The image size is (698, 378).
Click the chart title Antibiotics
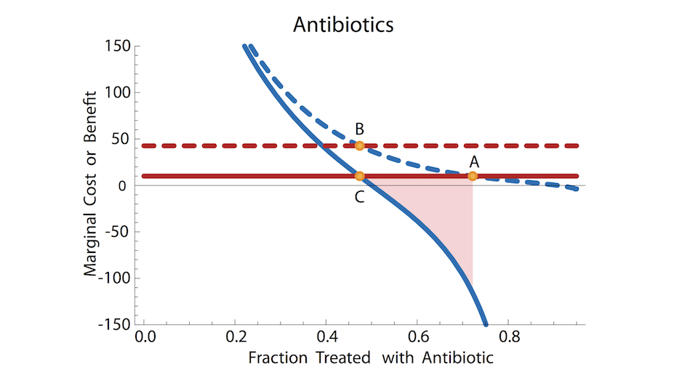pos(343,25)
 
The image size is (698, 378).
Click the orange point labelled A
pos(473,175)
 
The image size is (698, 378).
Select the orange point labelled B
pos(359,145)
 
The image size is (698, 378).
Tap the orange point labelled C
pos(359,175)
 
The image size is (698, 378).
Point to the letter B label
pos(359,129)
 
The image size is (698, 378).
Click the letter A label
pos(474,161)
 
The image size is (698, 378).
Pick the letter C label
pos(359,196)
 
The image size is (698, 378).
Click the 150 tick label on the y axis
pos(116,47)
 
